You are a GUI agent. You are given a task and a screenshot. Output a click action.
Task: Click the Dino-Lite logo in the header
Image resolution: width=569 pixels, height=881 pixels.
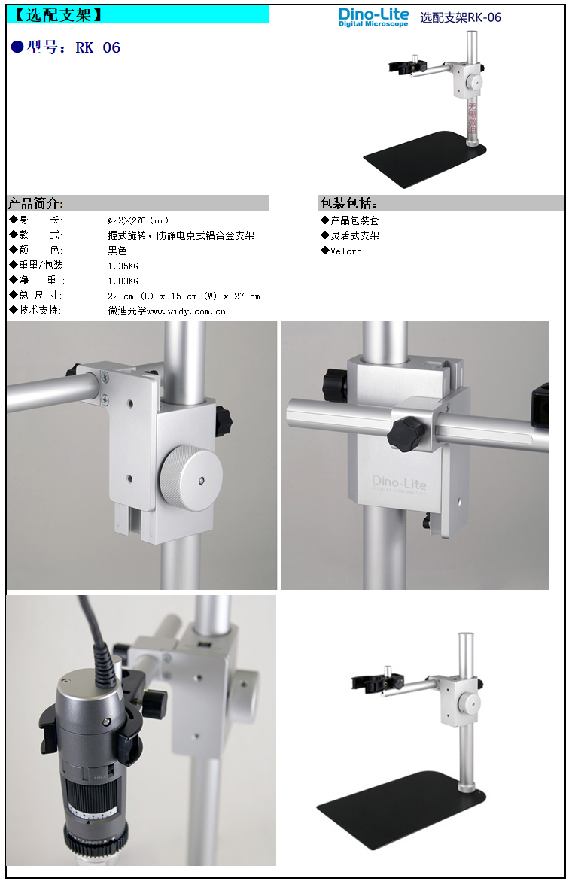373,17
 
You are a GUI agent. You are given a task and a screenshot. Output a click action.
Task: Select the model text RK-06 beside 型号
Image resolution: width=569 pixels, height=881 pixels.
98,47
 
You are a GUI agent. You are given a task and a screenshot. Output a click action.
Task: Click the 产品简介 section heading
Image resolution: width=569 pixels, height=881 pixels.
36,204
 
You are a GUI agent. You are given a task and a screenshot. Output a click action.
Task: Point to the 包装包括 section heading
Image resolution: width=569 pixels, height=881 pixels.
349,204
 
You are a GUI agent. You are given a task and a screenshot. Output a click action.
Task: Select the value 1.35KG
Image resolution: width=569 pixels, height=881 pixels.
123,266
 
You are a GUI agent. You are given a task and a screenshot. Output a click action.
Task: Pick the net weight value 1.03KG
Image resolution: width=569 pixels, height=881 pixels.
123,281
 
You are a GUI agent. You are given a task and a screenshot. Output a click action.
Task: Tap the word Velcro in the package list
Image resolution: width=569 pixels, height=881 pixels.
345,251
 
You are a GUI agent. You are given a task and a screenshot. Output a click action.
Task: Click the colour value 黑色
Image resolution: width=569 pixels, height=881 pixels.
117,251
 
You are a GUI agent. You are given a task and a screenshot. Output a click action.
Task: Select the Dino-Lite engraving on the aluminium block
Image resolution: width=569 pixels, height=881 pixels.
399,484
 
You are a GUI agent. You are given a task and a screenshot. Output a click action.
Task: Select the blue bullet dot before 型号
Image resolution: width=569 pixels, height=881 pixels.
17,47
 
